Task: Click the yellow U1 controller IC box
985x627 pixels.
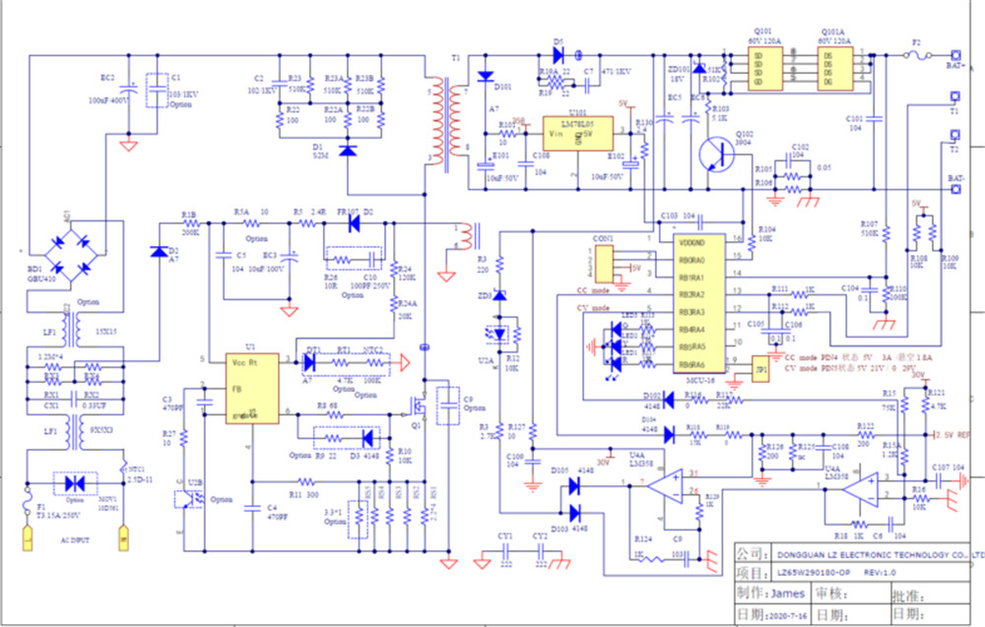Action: click(250, 388)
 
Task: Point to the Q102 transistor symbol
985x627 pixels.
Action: click(712, 153)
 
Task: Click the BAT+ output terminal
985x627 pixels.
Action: click(954, 57)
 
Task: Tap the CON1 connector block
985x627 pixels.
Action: click(603, 260)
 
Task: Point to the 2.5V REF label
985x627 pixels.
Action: click(953, 434)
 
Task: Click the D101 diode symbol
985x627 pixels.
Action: click(484, 76)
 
